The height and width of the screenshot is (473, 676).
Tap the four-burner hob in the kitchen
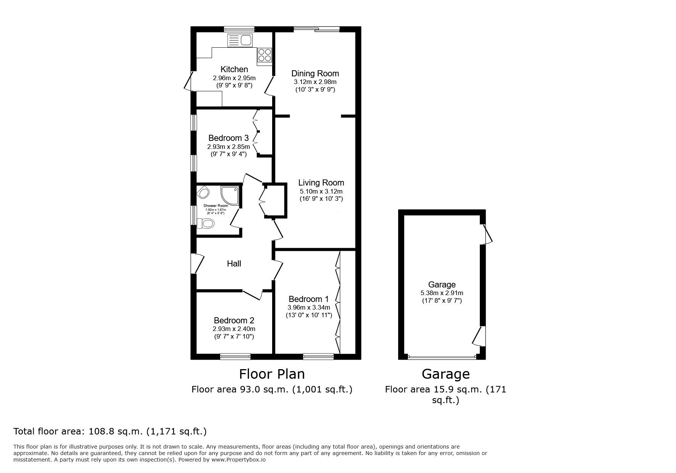(265, 55)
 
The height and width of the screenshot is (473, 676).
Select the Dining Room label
(315, 73)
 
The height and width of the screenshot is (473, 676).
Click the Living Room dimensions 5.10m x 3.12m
(321, 191)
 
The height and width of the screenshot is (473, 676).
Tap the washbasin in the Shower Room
(203, 193)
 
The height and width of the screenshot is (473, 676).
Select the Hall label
(234, 263)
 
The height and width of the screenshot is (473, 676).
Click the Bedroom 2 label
(234, 320)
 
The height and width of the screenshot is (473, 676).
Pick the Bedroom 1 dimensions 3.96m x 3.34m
(309, 307)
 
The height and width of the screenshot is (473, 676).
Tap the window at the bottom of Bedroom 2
(235, 356)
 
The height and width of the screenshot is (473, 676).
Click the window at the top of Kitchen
(239, 29)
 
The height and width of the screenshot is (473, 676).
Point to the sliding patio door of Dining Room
(316, 29)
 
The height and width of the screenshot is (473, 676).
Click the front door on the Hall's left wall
(194, 263)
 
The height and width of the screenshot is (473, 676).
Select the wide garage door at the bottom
(442, 357)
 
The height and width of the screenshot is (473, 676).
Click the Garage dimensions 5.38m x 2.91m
(442, 293)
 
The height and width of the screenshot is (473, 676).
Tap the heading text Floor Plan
(272, 374)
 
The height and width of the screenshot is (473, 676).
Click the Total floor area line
(110, 431)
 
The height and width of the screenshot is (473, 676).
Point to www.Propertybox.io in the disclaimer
(239, 460)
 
